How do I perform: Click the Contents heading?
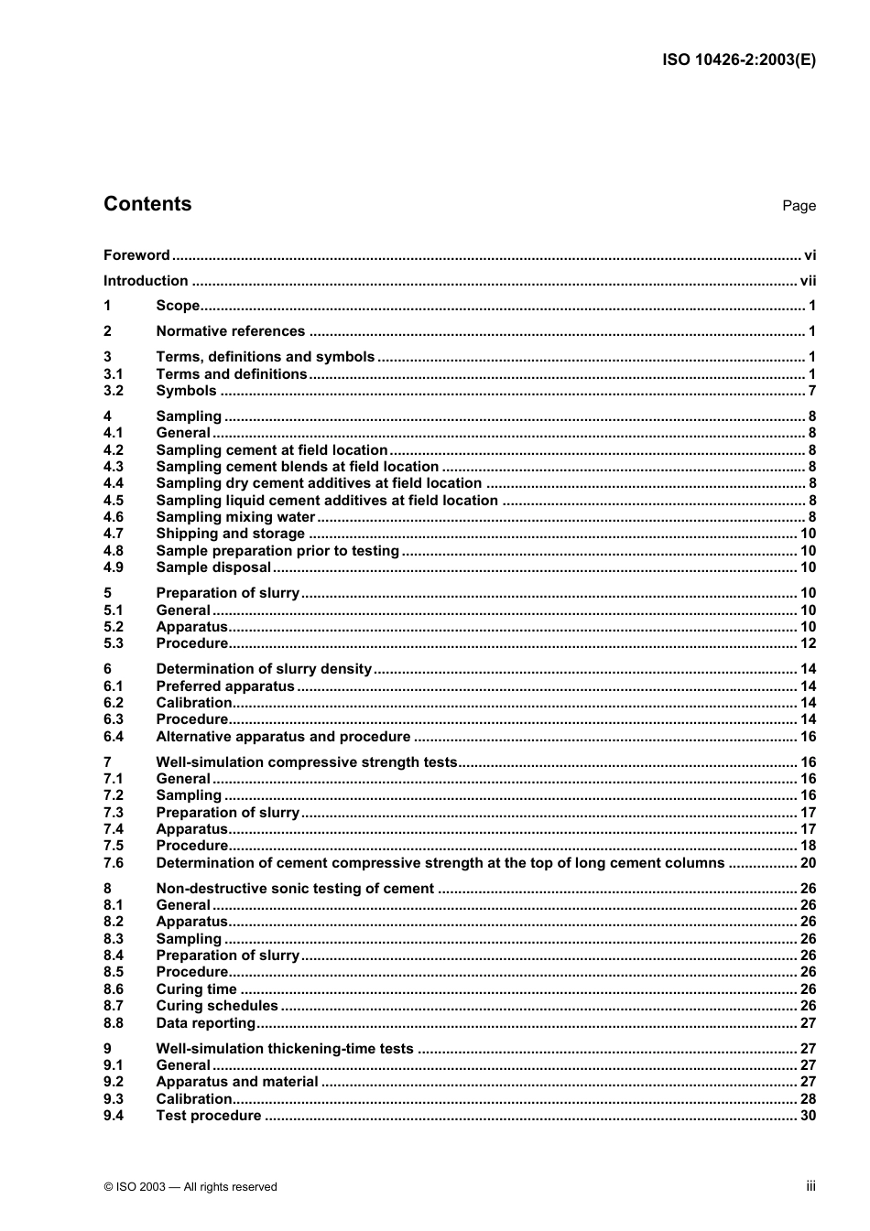[x=147, y=204]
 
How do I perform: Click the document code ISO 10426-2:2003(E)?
[x=738, y=60]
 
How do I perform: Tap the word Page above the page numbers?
[x=799, y=206]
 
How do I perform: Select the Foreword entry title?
[x=136, y=255]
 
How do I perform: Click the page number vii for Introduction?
[x=808, y=281]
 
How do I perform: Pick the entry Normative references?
[x=230, y=331]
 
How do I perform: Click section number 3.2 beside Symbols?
[x=114, y=391]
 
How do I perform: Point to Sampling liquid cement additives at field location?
[x=327, y=501]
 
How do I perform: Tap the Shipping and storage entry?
[x=230, y=534]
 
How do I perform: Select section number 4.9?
[x=114, y=567]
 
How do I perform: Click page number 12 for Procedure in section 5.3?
[x=808, y=643]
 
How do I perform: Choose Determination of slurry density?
[x=264, y=669]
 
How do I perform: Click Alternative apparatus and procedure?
[x=283, y=737]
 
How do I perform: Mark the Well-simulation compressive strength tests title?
[x=306, y=762]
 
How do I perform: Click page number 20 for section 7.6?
[x=808, y=863]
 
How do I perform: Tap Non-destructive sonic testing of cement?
[x=295, y=889]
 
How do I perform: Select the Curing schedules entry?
[x=217, y=1006]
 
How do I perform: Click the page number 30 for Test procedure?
[x=808, y=1116]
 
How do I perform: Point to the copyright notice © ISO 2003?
[x=190, y=1187]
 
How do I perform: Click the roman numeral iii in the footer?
[x=810, y=1186]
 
